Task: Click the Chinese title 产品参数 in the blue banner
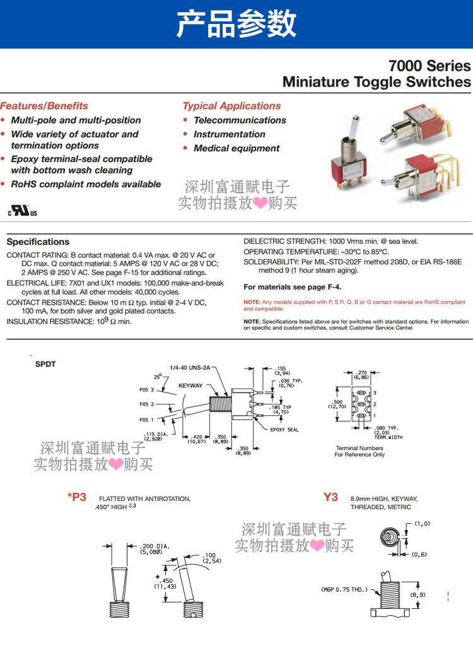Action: click(237, 24)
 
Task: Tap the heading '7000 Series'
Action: click(429, 66)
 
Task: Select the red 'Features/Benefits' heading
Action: click(44, 106)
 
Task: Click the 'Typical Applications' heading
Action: click(231, 106)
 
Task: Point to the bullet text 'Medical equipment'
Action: click(237, 148)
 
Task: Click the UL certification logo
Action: click(22, 210)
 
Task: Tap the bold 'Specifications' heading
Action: click(38, 242)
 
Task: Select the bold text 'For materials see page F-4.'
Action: click(293, 287)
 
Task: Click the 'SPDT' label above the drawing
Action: click(45, 364)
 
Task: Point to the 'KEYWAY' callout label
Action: click(190, 385)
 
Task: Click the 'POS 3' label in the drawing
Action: click(147, 389)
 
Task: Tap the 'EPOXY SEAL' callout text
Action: click(284, 430)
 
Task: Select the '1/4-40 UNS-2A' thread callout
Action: click(189, 368)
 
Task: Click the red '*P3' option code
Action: click(77, 497)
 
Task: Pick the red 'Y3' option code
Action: click(330, 497)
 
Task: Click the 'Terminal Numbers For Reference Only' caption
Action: click(359, 451)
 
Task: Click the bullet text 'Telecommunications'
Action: click(240, 120)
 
